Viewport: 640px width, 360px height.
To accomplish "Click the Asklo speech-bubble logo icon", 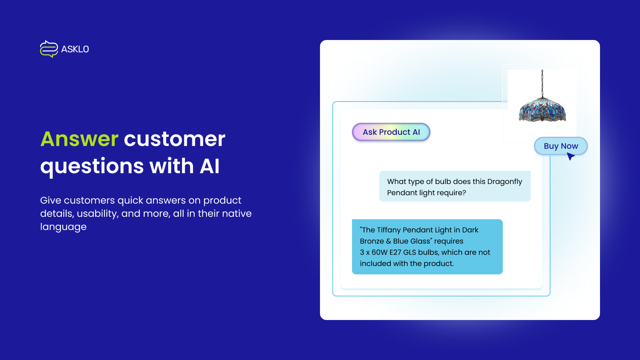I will [x=49, y=49].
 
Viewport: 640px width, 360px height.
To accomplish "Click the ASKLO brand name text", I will [x=75, y=49].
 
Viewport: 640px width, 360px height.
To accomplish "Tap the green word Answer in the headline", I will [x=79, y=139].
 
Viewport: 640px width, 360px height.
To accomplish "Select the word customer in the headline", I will [x=174, y=139].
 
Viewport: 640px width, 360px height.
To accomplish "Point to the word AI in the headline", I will [x=210, y=166].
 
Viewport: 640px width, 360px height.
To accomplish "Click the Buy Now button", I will [x=561, y=146].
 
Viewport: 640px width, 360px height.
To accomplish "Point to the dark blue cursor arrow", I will [x=570, y=156].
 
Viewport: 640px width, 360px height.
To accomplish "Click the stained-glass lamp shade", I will [x=542, y=109].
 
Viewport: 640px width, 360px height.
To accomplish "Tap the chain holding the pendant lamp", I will [x=542, y=82].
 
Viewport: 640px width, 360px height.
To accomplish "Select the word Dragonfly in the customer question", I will [x=504, y=182].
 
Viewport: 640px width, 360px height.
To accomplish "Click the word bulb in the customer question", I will [x=443, y=182].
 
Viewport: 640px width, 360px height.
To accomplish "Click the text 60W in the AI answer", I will [x=380, y=252].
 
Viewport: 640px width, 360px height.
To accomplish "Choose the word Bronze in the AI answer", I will [x=372, y=241].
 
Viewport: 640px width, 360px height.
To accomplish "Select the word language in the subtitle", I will [x=63, y=227].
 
